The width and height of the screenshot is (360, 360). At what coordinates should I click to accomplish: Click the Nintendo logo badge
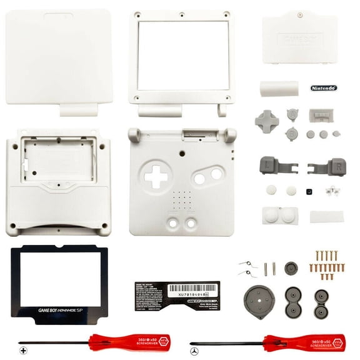(323, 89)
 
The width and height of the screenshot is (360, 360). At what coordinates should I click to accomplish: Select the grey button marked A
(292, 114)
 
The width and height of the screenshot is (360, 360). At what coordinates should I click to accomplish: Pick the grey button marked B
(291, 132)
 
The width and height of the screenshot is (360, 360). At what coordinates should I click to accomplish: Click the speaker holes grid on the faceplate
(181, 200)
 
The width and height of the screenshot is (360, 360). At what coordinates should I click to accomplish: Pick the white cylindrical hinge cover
(276, 88)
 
